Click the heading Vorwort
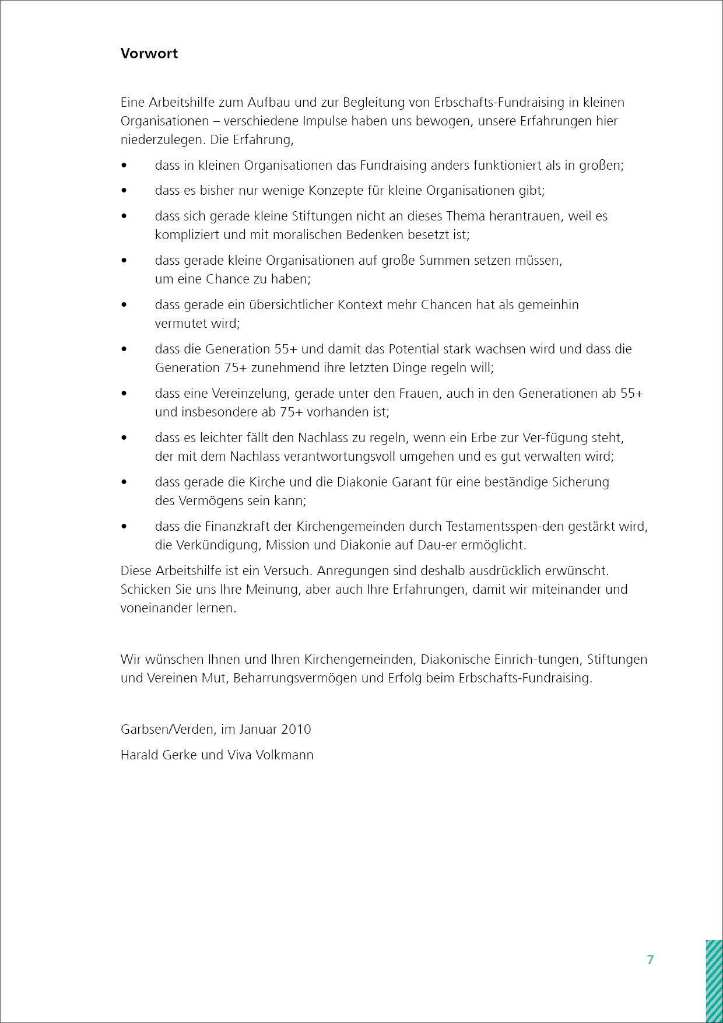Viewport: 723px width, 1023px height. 149,54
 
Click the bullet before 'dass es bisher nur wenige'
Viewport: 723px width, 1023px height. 124,191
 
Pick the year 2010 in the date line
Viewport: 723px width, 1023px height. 296,730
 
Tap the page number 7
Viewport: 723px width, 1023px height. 651,960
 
